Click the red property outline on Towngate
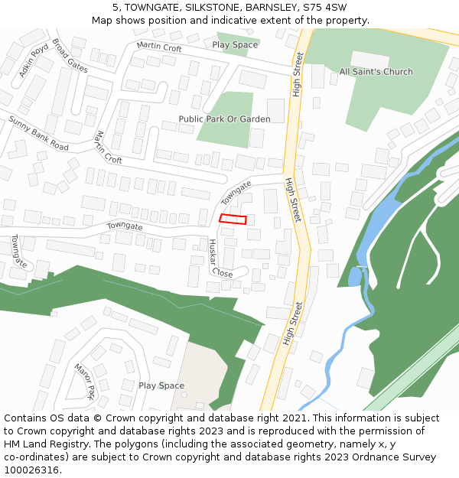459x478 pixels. pos(233,219)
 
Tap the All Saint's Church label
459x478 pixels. pos(376,72)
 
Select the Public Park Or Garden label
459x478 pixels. pos(224,119)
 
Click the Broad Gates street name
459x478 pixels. pos(70,57)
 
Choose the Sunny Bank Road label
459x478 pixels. pos(38,133)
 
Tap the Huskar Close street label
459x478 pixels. pos(220,259)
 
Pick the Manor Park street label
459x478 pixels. pos(84,382)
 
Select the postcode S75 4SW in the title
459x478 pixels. pos(324,7)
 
